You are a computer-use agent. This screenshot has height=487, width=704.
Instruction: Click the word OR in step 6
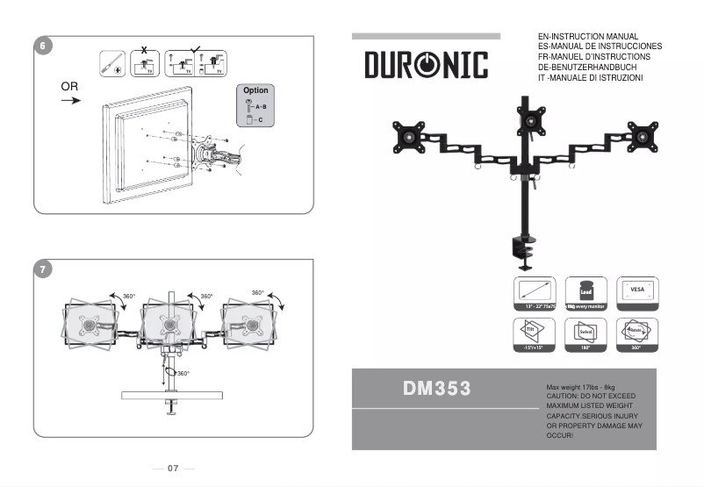click(70, 87)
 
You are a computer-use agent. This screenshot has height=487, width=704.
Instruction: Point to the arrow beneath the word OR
click(71, 101)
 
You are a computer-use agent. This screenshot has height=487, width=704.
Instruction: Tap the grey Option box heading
click(255, 90)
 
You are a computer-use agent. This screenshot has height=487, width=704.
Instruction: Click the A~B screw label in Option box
click(261, 105)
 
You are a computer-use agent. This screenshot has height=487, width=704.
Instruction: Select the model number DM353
click(437, 388)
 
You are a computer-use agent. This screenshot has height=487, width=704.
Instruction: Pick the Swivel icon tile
click(585, 332)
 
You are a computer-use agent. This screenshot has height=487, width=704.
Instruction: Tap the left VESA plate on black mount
click(410, 136)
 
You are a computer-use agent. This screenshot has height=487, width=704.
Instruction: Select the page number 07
click(173, 469)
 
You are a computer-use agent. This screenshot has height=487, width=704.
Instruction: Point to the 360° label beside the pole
click(182, 374)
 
